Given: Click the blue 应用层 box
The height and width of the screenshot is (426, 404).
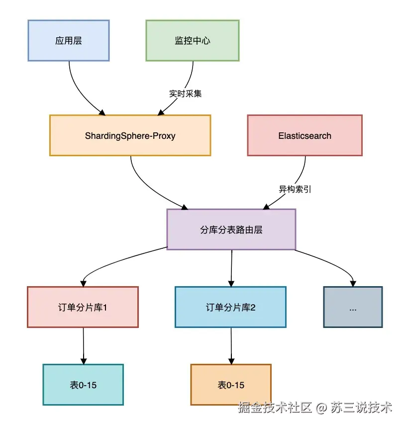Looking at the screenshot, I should point(68,40).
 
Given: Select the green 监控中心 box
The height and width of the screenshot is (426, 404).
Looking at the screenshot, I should point(192,40).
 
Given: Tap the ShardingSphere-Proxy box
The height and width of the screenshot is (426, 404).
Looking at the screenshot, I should point(130,135).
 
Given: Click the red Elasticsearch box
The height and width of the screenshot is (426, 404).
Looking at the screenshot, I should point(304,135).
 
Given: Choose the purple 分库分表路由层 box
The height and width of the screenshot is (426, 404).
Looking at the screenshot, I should point(231,229).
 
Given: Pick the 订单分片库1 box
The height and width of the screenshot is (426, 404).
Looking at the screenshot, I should point(83,307).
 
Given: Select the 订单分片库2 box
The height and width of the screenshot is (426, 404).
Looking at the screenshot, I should point(230,307).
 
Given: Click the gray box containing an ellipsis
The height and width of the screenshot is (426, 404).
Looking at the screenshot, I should point(353,307).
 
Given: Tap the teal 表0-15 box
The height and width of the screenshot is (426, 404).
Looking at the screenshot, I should point(83,384).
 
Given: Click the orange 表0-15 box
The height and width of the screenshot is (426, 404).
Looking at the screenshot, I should point(231,385).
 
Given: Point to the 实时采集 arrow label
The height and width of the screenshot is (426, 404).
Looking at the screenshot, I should point(186,94).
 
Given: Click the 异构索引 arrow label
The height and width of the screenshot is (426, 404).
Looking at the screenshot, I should point(295,189).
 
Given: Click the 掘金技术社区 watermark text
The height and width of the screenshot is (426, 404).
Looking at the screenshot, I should point(275,409).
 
